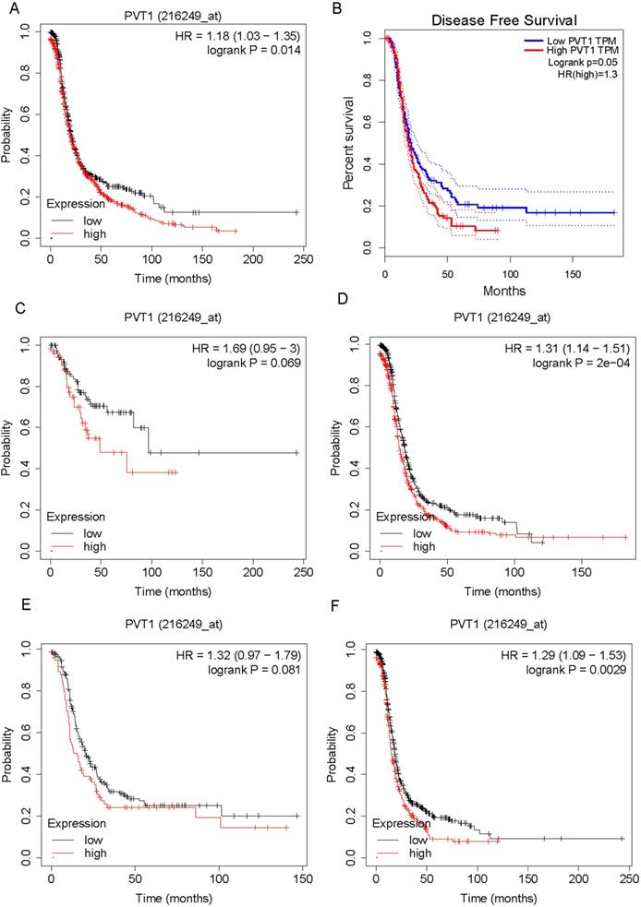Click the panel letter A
click(6, 8)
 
